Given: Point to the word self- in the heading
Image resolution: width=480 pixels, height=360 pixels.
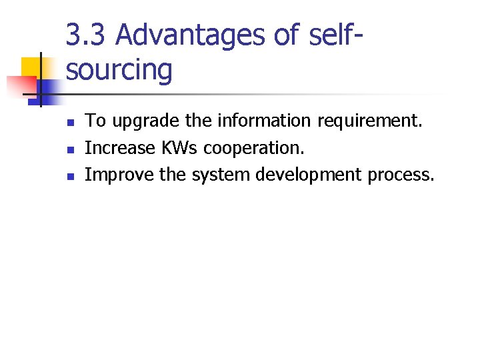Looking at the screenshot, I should pos(337,35).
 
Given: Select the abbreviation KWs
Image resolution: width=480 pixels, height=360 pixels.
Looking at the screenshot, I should pos(175,148).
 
